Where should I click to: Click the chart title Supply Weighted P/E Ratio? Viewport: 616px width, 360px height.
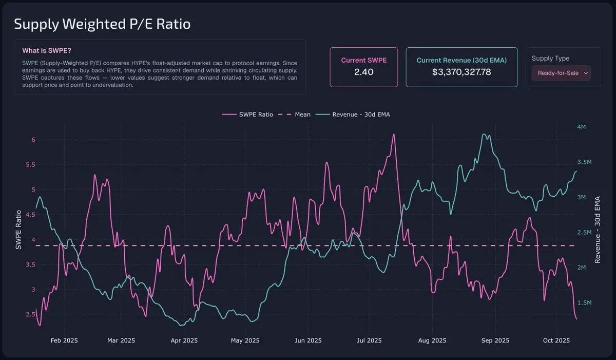tap(102, 24)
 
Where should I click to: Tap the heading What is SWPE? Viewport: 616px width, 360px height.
tap(47, 51)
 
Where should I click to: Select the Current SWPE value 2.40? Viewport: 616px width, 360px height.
tap(363, 72)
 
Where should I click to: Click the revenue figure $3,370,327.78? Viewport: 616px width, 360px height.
tap(461, 72)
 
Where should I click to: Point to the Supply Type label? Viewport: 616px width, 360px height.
tap(550, 59)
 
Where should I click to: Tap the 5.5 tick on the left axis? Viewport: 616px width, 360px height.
tap(30, 165)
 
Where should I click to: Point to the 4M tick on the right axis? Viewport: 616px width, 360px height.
tap(581, 127)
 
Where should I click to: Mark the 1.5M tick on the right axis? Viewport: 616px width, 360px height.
tap(584, 303)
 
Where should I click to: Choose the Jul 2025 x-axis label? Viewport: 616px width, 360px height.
tap(369, 340)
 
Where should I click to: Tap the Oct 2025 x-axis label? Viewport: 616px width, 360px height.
tap(556, 340)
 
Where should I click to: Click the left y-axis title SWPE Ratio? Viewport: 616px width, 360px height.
tap(18, 230)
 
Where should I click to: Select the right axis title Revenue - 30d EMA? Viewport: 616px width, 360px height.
tap(598, 230)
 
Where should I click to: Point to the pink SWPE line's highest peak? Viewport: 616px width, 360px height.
tap(393, 135)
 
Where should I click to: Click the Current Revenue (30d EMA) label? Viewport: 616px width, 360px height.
tap(461, 60)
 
